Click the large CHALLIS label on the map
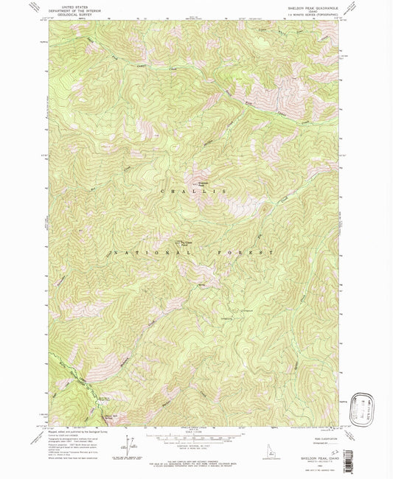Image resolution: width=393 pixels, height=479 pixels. pos(194,191)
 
